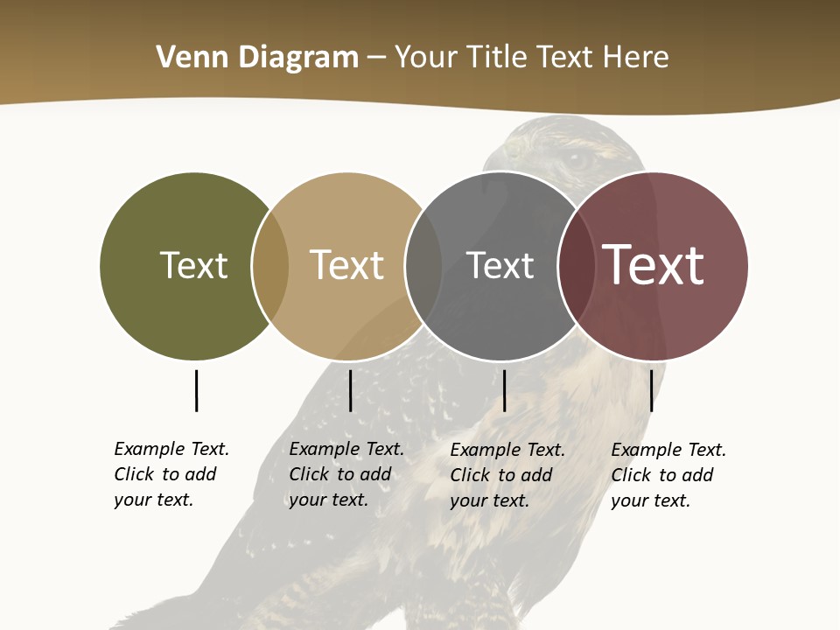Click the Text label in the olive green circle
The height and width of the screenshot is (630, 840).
point(193,265)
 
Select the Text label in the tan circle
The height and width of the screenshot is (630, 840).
point(346,265)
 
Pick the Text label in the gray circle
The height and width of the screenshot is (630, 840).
point(500,265)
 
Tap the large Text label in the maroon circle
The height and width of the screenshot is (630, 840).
point(653,265)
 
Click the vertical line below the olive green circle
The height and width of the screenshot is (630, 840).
point(196,390)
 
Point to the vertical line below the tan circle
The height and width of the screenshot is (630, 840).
point(350,390)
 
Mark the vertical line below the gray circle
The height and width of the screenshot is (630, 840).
point(504,390)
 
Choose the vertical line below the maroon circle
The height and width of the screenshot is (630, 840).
point(651,390)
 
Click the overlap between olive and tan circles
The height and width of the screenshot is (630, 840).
point(270,265)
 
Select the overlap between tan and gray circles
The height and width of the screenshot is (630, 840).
point(423,265)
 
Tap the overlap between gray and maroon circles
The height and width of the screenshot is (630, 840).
point(577,265)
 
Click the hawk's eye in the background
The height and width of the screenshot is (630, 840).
point(577,160)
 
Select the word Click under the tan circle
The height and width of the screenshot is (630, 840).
point(309,474)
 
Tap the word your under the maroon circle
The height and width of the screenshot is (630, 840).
point(628,500)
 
